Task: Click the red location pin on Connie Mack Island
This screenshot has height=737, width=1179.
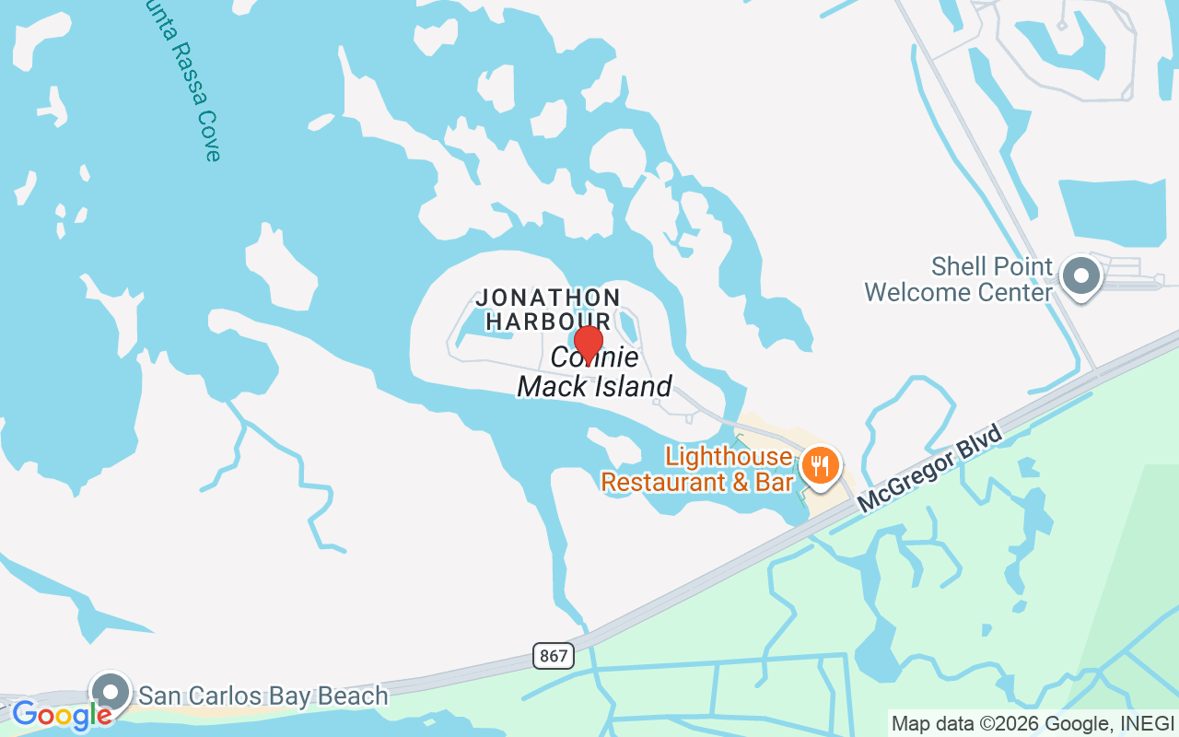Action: coord(588,343)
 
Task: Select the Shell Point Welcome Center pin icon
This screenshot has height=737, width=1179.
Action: coord(1080,275)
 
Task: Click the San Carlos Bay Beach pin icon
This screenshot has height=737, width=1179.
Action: coord(111,691)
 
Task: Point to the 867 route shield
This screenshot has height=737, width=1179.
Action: coord(553,656)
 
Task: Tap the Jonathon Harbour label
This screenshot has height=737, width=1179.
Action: coord(548,310)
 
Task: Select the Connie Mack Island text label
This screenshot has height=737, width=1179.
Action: coord(595,372)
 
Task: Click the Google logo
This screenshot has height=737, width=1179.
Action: coord(61,714)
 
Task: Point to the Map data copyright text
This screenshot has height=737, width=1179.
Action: coord(1032,723)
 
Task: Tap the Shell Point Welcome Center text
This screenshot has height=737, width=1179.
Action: coord(958,280)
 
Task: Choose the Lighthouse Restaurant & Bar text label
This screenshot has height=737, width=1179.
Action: coord(697,469)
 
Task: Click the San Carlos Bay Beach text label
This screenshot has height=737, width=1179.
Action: coord(263,696)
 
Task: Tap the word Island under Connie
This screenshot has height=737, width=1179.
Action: coord(635,386)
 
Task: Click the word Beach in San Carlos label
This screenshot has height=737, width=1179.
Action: coord(353,696)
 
